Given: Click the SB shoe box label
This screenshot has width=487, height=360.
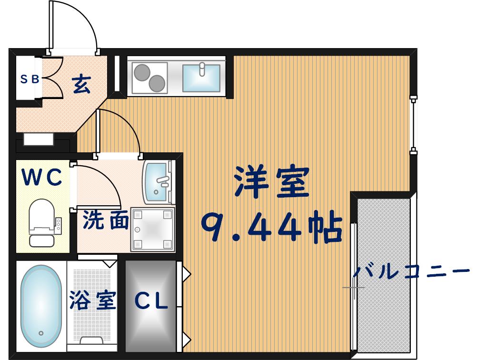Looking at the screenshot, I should [x=29, y=80].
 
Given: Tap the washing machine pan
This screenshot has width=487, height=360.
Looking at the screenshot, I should [x=152, y=229].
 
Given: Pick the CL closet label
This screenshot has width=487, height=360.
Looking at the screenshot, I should [x=151, y=301].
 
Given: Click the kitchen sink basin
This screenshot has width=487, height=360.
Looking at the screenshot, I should [x=201, y=78].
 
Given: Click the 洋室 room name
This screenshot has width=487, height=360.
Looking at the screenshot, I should [x=271, y=182].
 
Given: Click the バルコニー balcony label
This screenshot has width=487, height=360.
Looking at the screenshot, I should [x=411, y=272].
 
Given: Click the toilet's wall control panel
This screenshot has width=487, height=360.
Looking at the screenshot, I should [x=59, y=225].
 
